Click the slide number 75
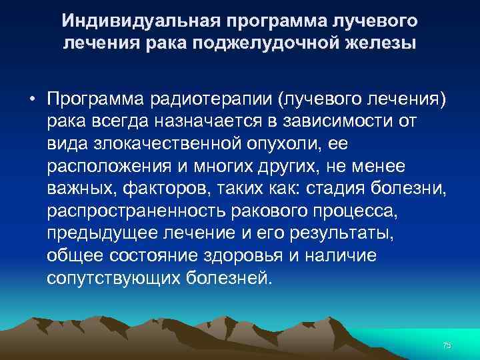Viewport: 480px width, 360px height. pos(447,345)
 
